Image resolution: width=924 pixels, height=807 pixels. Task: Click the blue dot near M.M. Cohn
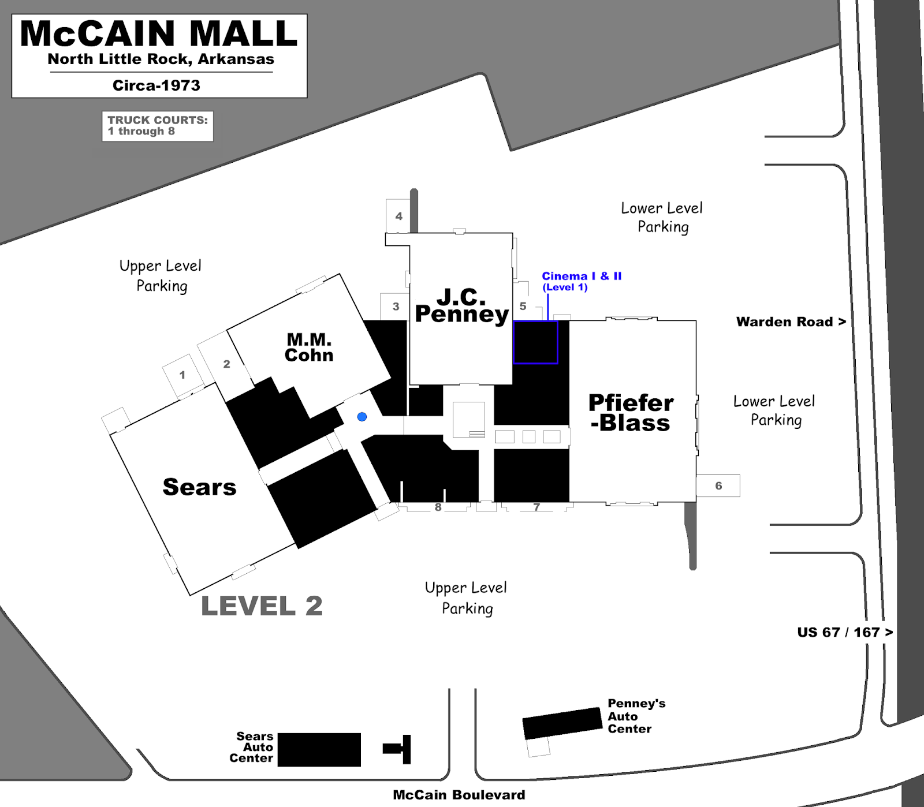click(x=362, y=417)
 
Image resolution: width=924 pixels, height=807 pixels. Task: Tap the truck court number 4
click(x=398, y=216)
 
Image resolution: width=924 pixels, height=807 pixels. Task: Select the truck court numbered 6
click(x=718, y=486)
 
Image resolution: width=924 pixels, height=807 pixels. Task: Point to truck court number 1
click(x=182, y=375)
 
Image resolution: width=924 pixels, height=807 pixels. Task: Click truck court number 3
click(x=396, y=307)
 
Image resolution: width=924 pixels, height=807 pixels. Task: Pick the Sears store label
click(x=199, y=487)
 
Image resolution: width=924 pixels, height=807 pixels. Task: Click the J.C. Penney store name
click(x=461, y=305)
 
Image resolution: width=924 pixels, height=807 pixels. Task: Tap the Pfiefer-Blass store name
click(x=631, y=413)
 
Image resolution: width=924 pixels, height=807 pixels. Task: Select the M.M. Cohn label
click(x=309, y=347)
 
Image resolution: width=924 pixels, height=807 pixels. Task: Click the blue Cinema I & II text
click(x=582, y=277)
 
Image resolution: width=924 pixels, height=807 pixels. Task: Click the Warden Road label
click(x=791, y=322)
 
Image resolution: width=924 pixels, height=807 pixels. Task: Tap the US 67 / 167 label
click(x=845, y=632)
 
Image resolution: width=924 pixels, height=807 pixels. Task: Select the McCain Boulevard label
click(x=459, y=795)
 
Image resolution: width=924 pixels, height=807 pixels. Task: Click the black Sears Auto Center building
click(x=319, y=750)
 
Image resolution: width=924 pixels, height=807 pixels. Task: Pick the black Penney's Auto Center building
click(x=562, y=723)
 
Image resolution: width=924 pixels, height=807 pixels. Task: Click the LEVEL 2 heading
click(x=262, y=606)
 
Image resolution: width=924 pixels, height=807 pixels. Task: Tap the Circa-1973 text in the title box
click(x=157, y=85)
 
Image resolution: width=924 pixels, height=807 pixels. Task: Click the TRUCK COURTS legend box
click(x=158, y=126)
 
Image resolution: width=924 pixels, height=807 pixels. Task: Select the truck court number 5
click(x=523, y=307)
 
